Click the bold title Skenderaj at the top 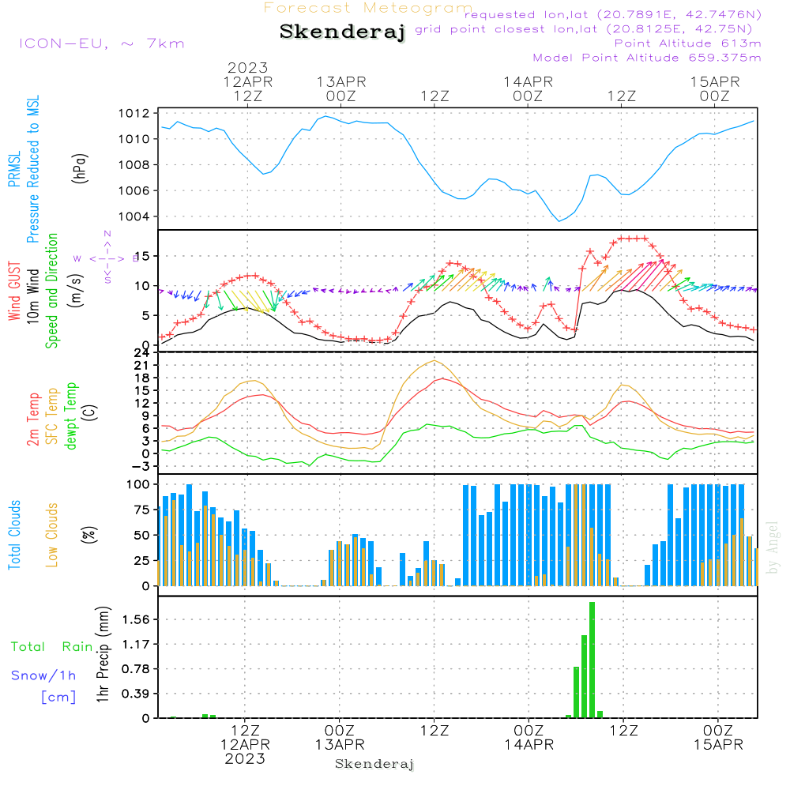[x=342, y=32]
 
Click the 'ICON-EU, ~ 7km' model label [x=101, y=43]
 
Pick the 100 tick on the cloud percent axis [x=140, y=484]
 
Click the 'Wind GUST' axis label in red [x=14, y=292]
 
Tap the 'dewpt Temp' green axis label [x=71, y=416]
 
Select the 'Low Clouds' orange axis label [x=52, y=534]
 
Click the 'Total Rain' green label [x=51, y=646]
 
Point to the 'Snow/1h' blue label [x=43, y=675]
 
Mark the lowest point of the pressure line [x=560, y=221]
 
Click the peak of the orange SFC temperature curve [x=434, y=360]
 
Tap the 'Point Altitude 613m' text [x=687, y=43]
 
